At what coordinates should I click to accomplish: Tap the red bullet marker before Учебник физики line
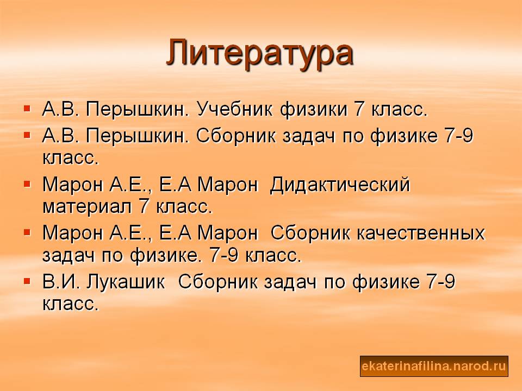[27, 109]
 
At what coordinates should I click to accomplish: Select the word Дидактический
[340, 185]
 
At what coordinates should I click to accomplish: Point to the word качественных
[421, 233]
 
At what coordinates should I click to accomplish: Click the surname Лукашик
[126, 282]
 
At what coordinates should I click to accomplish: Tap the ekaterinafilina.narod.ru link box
[434, 366]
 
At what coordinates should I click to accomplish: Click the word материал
[87, 207]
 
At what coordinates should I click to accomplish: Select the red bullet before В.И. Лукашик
[27, 281]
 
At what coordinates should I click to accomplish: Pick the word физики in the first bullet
[313, 109]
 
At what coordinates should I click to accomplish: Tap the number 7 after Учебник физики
[359, 109]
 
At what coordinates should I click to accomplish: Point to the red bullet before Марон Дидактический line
[27, 184]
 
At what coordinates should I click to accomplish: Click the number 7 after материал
[143, 206]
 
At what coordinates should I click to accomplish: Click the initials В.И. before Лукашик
[61, 282]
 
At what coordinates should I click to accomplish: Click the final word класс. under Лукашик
[71, 304]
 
